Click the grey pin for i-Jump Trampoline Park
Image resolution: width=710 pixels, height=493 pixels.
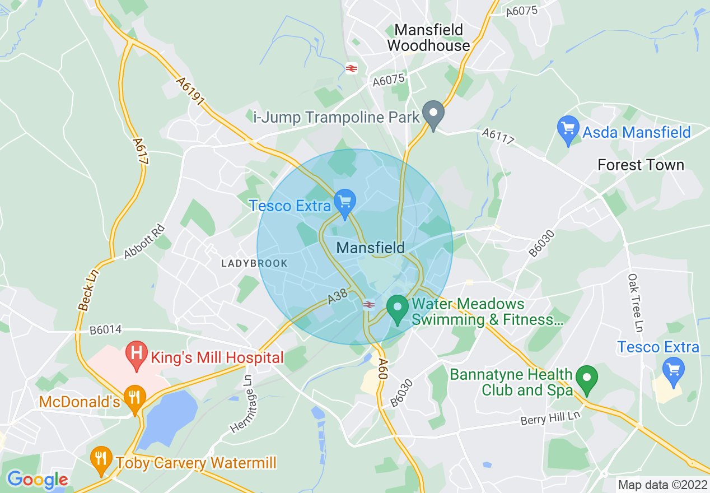coord(433,114)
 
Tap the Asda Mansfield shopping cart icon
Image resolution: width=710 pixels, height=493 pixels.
coord(568,129)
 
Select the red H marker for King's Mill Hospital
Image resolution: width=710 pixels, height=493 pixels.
coord(136,355)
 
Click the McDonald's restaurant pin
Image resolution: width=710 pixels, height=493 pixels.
coord(134,398)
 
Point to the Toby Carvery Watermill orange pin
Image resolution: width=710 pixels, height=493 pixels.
coord(101,459)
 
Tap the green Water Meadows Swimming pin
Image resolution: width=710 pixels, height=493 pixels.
coord(398,309)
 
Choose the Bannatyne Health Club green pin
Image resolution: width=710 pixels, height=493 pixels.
coord(587,379)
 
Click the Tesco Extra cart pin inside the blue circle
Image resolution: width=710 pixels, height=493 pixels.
coord(344,202)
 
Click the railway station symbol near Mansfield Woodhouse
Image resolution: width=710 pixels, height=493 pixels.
coord(352,68)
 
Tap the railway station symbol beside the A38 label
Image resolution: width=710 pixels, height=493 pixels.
coord(368,304)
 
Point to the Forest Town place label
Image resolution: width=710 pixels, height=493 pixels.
coord(641,165)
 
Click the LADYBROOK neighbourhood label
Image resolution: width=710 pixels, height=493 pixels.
coord(254,263)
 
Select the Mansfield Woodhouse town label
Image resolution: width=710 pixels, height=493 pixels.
coord(428,38)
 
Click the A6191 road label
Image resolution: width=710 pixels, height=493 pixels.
coord(191,91)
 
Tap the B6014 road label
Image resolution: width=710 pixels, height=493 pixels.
coord(105,331)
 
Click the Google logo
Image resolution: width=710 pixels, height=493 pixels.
coord(37,480)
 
